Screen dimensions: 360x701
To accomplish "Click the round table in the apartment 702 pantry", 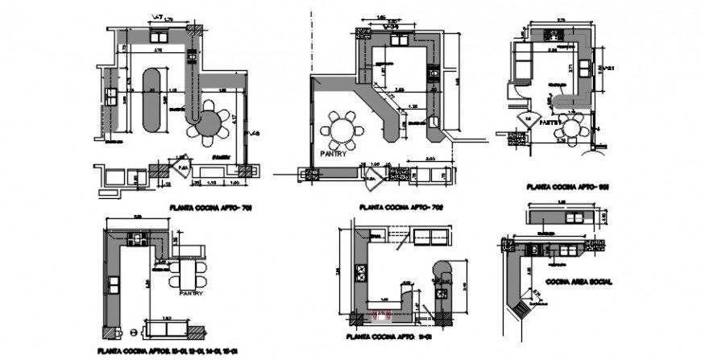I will pos(342,129).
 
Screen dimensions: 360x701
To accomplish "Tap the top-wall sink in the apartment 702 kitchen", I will pos(397,37).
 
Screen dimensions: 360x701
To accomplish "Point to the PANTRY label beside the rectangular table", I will pos(192,293).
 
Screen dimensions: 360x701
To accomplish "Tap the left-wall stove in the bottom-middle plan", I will pos(359,271).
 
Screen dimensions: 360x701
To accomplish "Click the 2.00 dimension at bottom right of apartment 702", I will pos(429,159).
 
